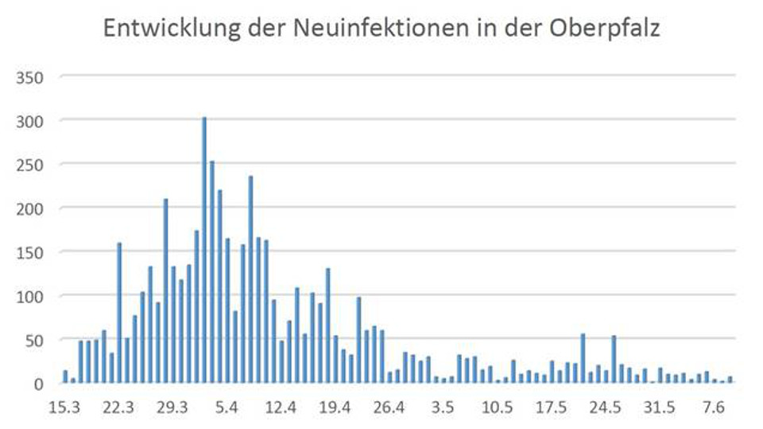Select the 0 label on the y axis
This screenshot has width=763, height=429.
pos(37,384)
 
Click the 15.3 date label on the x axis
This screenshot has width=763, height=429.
pos(64,408)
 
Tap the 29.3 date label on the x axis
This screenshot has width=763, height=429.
pos(173,408)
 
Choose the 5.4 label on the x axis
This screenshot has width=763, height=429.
pos(227,408)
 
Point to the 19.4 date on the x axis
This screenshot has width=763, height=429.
pos(335,408)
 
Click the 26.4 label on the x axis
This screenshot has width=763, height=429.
pos(389,408)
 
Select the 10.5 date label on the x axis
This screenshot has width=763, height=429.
pos(498,408)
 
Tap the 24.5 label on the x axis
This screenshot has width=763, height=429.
pos(606,408)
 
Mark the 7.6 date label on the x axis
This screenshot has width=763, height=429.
pos(714,408)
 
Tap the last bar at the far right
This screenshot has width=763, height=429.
pos(730,380)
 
